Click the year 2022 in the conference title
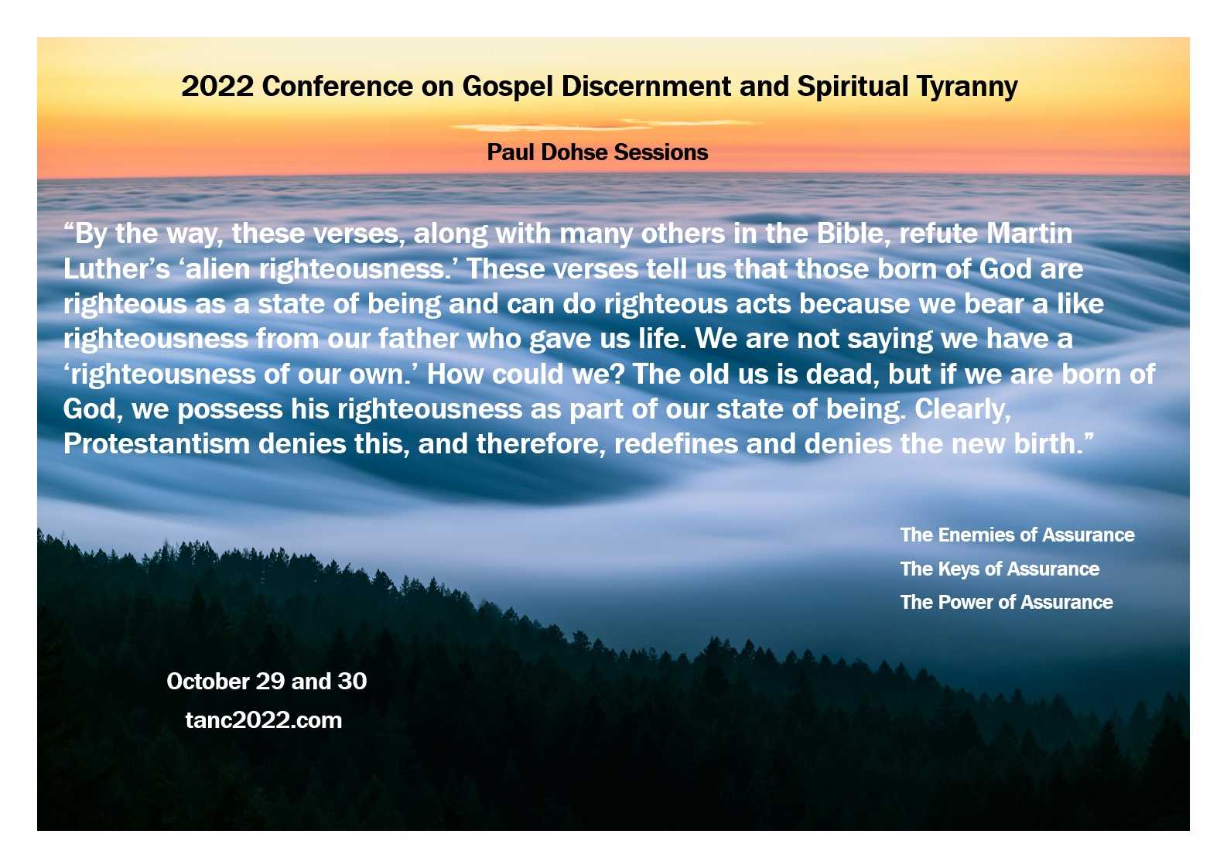click(x=217, y=86)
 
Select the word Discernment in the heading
click(x=645, y=86)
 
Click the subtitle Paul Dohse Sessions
click(x=597, y=152)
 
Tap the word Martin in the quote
click(x=1029, y=234)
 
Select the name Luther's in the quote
click(x=116, y=268)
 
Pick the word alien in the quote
click(x=218, y=268)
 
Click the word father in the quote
click(x=418, y=338)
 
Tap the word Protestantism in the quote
click(x=156, y=443)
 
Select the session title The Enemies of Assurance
click(x=1017, y=535)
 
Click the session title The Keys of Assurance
click(x=1000, y=569)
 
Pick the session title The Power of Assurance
click(x=1007, y=603)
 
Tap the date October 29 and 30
click(x=267, y=682)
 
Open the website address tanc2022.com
click(x=264, y=720)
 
